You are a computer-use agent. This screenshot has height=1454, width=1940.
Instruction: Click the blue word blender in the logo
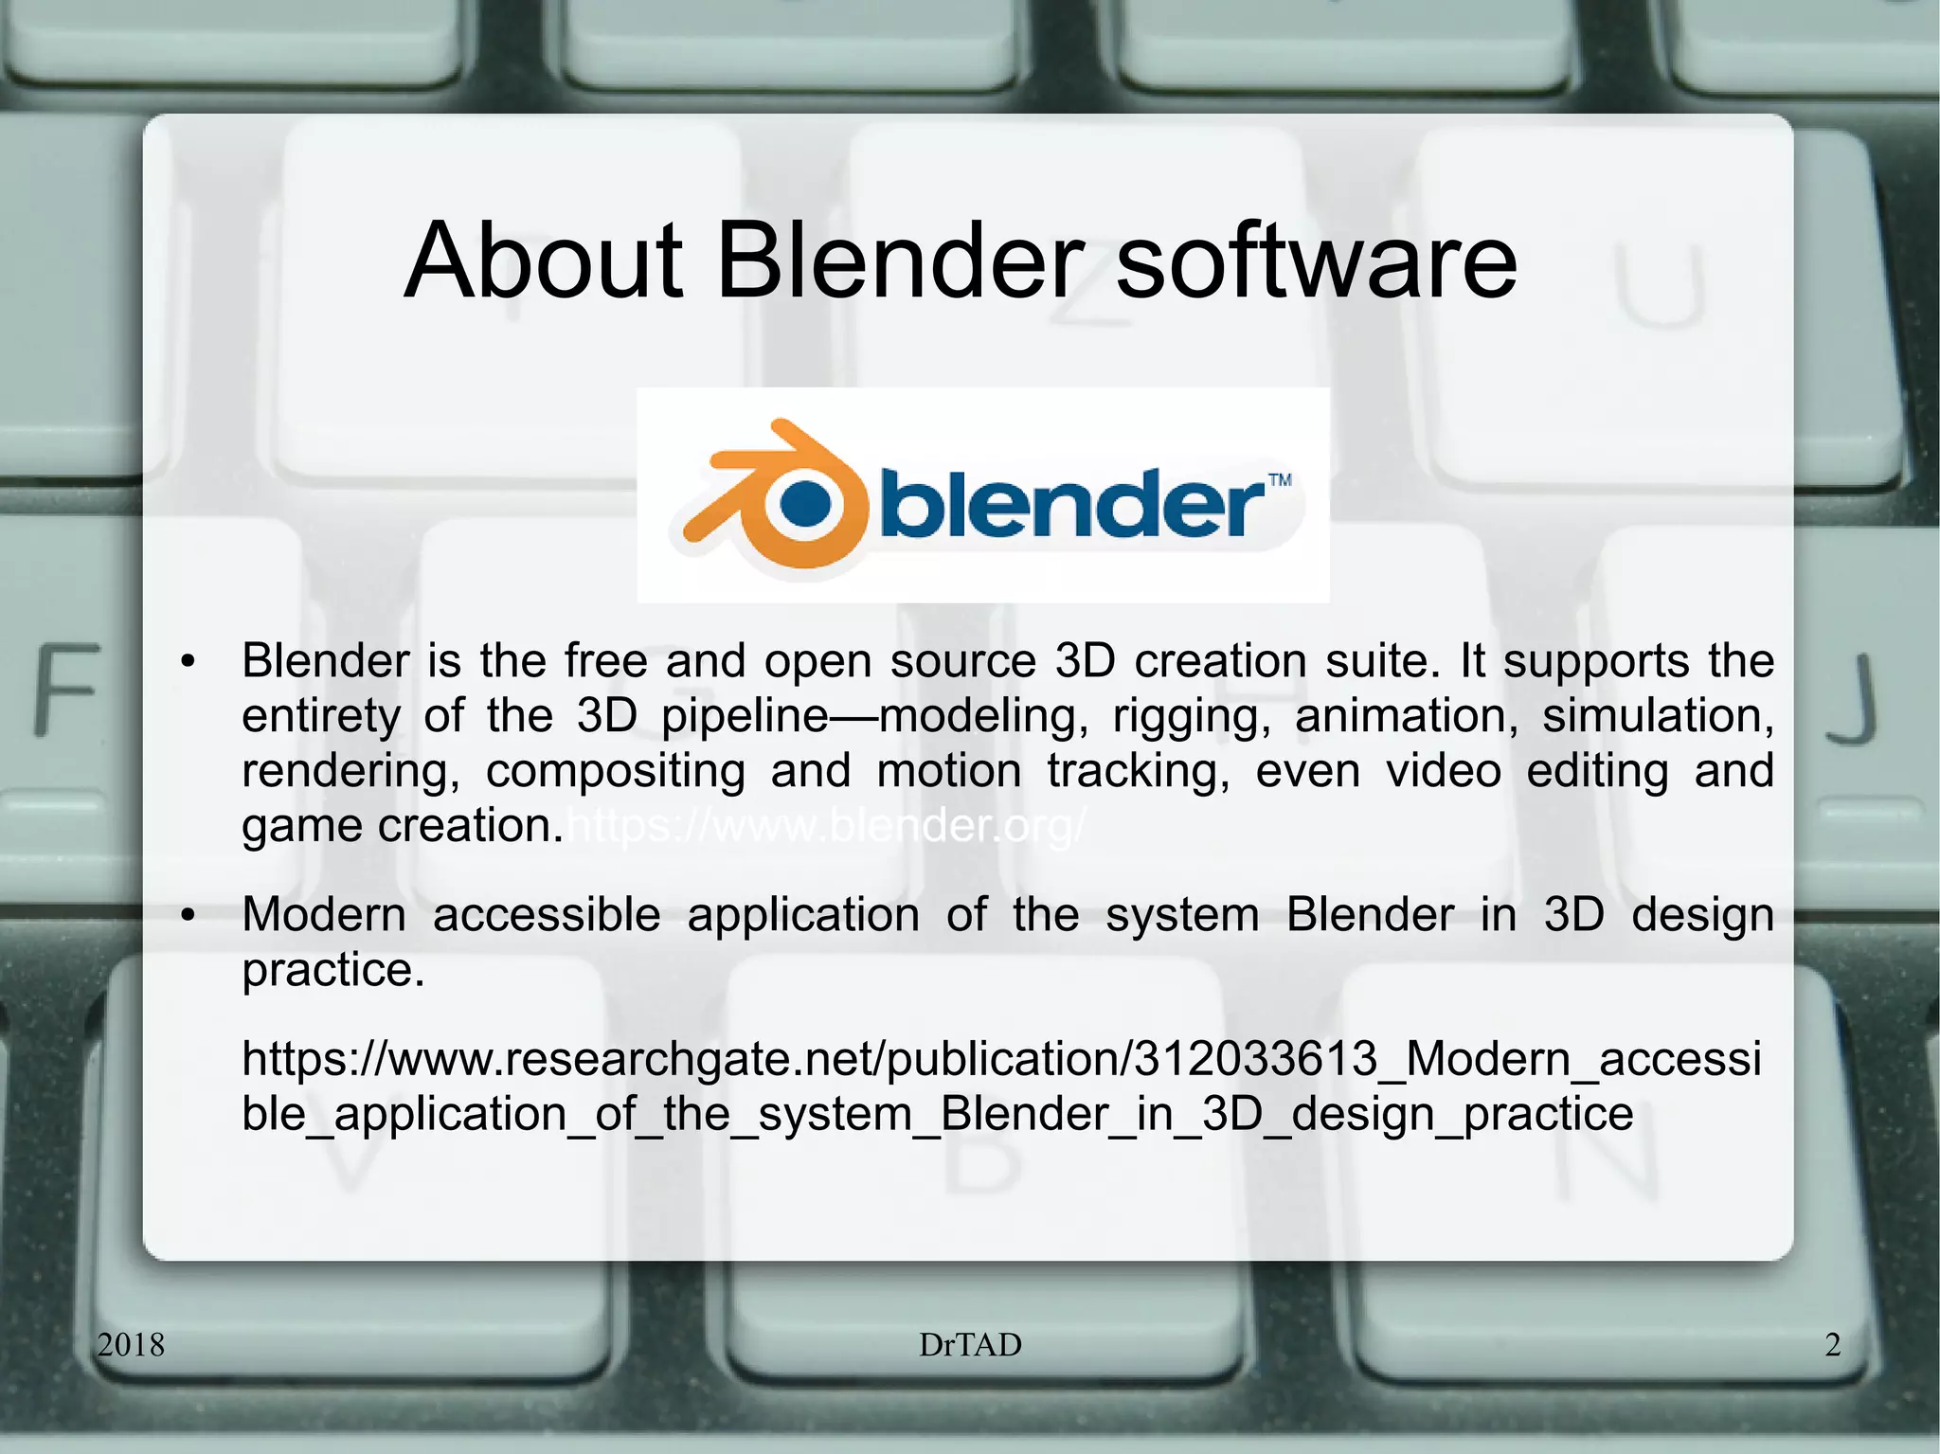tap(1070, 503)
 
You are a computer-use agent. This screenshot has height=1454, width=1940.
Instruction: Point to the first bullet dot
tap(189, 662)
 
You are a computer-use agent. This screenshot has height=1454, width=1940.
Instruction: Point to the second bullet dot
tap(189, 916)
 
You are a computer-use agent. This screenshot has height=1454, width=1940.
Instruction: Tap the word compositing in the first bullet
tap(616, 771)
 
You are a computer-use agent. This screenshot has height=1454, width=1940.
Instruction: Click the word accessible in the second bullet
tap(547, 915)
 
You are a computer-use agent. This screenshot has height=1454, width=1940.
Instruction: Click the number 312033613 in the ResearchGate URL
tap(1255, 1059)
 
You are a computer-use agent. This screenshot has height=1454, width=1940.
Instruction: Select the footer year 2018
tap(131, 1344)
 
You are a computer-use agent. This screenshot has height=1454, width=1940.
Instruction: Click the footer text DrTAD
tap(970, 1344)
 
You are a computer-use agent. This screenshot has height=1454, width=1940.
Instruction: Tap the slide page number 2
tap(1833, 1344)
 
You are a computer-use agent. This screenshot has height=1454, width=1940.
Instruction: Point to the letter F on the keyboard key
tap(66, 689)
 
